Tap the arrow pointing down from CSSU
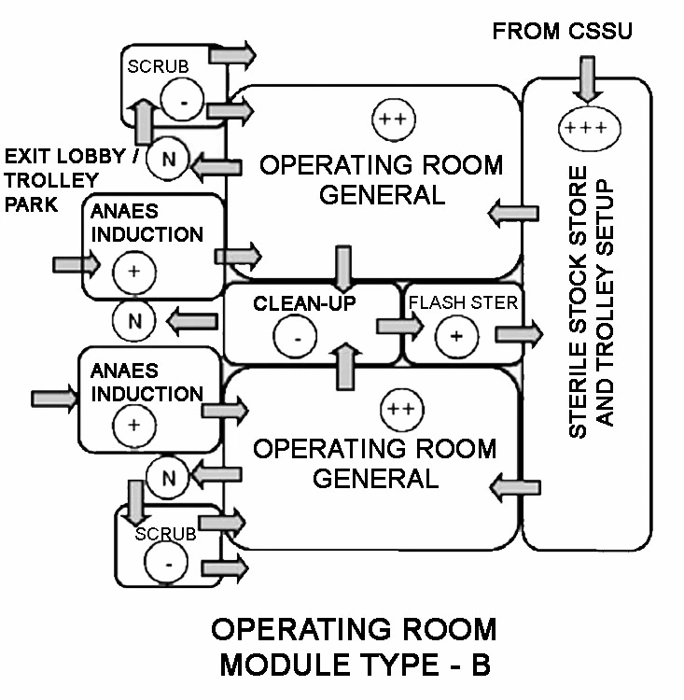pos(586,78)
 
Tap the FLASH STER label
pos(460,303)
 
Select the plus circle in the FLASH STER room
pos(456,337)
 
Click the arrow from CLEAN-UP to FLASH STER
pos(396,326)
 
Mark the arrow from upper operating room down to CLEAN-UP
pos(342,266)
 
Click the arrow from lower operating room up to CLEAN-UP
pos(344,364)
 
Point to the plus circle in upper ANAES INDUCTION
pos(133,272)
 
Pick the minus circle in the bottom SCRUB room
pos(167,564)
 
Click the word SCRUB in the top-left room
pos(157,69)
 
